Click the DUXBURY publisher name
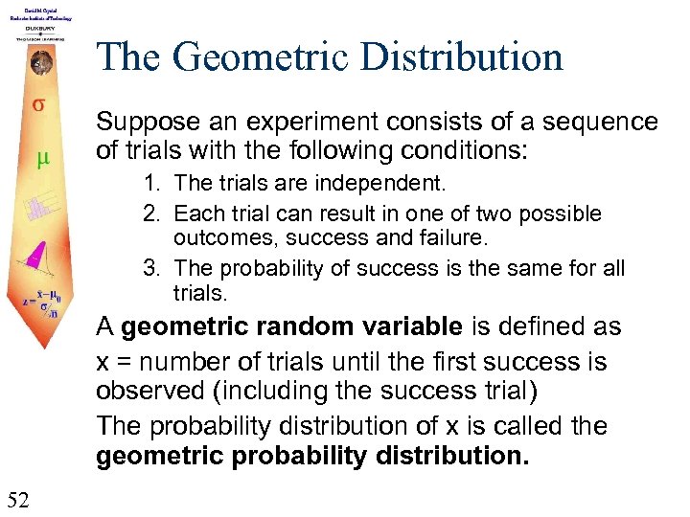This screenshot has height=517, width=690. [x=39, y=29]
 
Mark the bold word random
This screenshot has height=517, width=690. [x=297, y=326]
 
